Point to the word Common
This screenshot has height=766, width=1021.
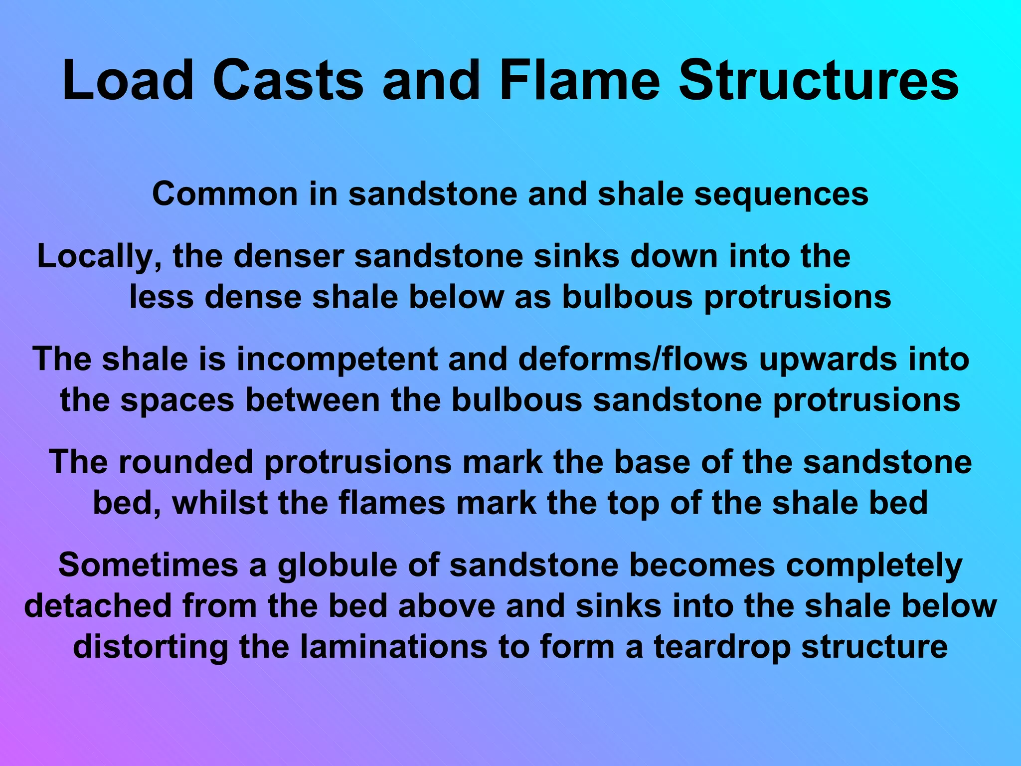click(x=225, y=194)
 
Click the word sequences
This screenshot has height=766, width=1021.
click(x=782, y=194)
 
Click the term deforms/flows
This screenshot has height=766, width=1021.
click(x=633, y=360)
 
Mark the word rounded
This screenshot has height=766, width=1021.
click(x=185, y=462)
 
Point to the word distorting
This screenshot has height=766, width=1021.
click(x=151, y=647)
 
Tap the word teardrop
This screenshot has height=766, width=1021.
click(x=722, y=647)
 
